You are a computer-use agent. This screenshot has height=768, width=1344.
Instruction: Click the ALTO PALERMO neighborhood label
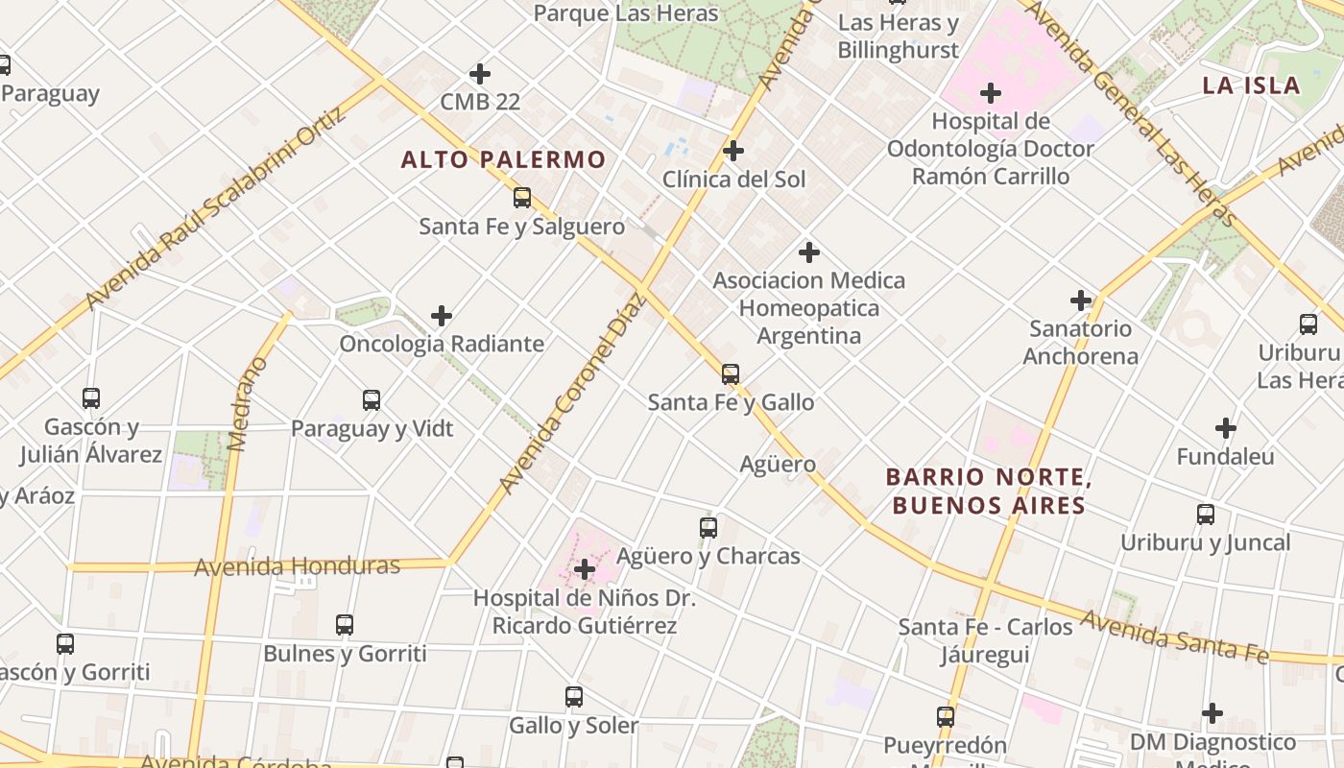(503, 159)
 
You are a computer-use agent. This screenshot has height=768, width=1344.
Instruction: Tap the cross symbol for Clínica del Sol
(733, 151)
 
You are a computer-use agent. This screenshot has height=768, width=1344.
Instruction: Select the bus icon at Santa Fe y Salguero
(522, 198)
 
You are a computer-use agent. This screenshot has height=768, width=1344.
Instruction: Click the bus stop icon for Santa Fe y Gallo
(731, 373)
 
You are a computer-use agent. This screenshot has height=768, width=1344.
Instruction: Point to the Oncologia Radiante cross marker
(442, 315)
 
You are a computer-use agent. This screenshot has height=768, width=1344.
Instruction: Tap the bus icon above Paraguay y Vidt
(372, 400)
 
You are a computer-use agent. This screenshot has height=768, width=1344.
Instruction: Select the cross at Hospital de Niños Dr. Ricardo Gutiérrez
(584, 569)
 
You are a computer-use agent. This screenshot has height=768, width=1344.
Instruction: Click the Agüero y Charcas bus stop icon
(708, 527)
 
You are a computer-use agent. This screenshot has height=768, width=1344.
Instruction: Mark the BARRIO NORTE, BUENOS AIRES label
(989, 491)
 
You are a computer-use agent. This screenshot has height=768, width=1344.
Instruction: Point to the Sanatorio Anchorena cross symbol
(1081, 300)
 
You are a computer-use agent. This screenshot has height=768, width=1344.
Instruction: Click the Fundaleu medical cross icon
(1226, 428)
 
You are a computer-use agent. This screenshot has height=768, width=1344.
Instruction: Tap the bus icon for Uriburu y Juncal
(1206, 514)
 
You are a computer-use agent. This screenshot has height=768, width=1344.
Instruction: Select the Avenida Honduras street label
(297, 566)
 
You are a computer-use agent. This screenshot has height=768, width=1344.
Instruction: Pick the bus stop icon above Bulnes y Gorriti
(345, 625)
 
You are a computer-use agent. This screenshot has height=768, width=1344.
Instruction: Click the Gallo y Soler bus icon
(574, 697)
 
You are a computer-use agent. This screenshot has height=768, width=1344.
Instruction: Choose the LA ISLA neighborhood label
(1251, 85)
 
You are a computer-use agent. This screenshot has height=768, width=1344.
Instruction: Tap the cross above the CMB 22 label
(480, 73)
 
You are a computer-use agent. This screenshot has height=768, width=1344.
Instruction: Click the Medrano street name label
(247, 404)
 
